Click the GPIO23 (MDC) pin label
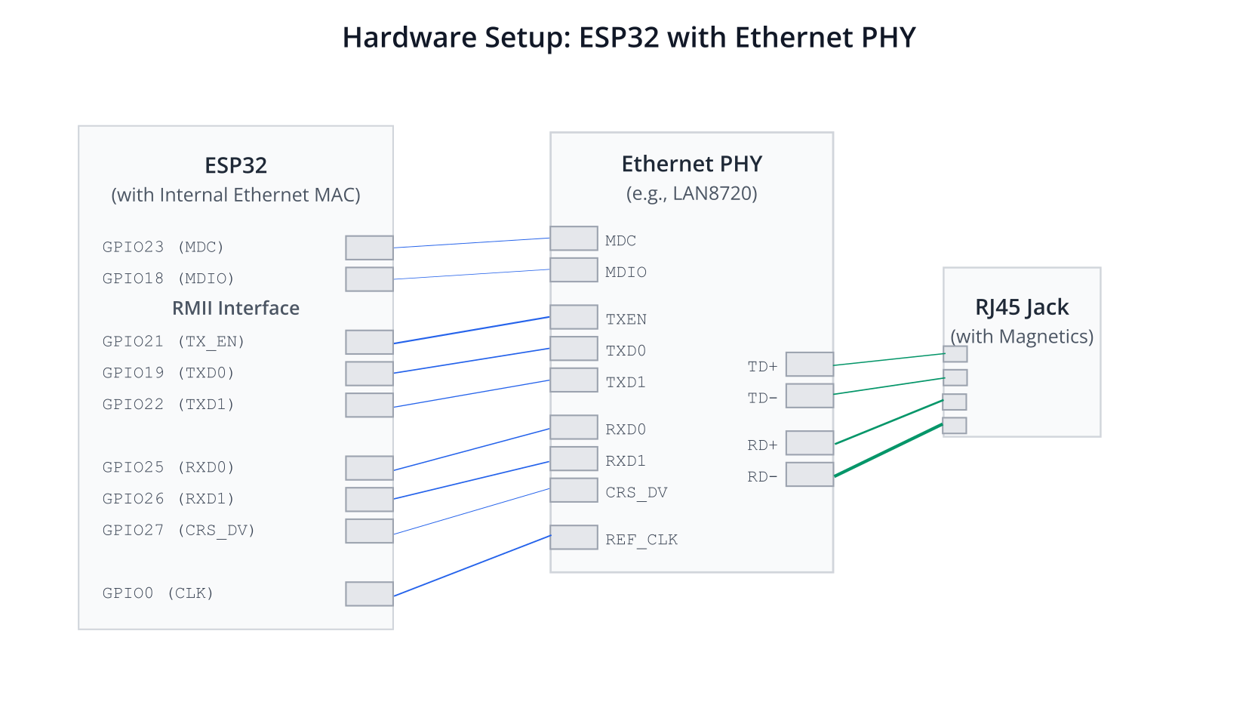point(163,248)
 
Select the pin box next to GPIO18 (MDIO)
point(369,279)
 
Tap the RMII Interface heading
point(236,308)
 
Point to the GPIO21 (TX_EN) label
point(174,342)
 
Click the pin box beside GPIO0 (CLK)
point(369,594)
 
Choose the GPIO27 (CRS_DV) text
point(179,531)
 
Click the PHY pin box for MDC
point(574,239)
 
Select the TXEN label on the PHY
point(626,320)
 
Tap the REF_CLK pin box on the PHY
point(574,537)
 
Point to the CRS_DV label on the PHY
point(636,493)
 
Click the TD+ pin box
point(809,364)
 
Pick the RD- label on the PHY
point(762,477)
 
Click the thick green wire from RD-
point(888,451)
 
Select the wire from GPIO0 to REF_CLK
point(472,566)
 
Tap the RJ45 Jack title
point(1022,307)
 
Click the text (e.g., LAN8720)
point(691,193)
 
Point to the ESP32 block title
point(236,165)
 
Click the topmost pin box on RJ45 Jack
point(955,354)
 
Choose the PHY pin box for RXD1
point(574,458)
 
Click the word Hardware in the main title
point(410,38)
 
